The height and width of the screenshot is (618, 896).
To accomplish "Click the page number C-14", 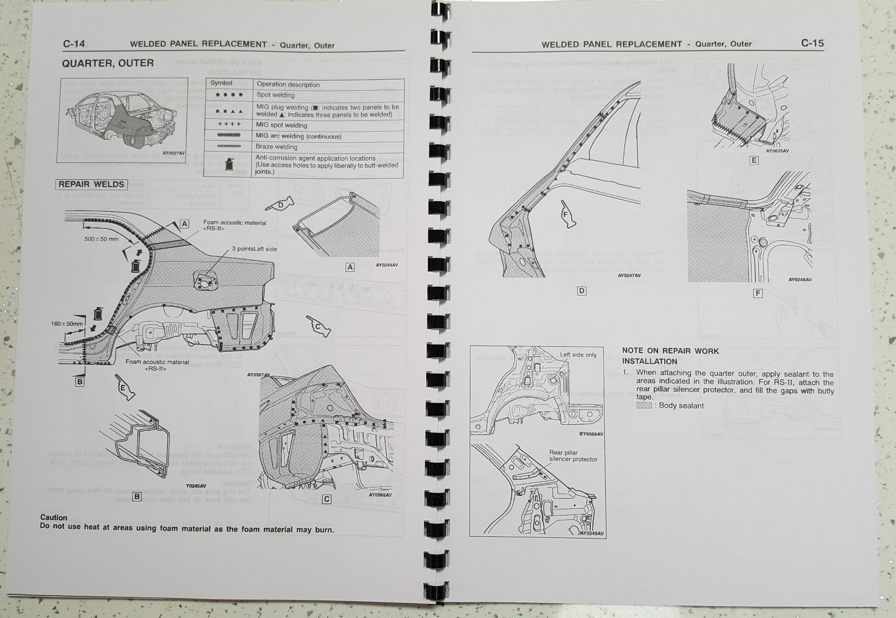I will tap(73, 44).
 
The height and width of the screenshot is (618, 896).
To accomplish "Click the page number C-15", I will tap(812, 43).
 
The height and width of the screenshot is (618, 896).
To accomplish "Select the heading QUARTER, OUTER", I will tap(108, 63).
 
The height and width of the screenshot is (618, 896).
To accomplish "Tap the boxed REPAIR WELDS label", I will tap(91, 184).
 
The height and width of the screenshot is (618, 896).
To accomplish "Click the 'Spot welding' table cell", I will tap(276, 95).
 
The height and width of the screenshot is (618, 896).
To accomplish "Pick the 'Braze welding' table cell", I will tap(277, 147).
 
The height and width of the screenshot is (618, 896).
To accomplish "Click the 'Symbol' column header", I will tap(221, 83).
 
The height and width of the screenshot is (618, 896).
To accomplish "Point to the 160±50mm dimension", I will tap(66, 324).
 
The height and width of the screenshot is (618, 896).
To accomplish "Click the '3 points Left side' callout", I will tap(254, 249).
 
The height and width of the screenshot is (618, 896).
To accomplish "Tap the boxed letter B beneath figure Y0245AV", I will tap(136, 497).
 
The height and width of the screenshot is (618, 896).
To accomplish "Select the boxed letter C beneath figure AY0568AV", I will tap(326, 499).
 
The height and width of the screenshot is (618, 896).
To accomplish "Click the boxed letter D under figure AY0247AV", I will tap(581, 291).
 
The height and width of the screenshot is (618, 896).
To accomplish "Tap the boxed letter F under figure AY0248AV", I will tap(758, 294).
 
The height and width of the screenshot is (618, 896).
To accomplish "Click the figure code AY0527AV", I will tap(172, 153).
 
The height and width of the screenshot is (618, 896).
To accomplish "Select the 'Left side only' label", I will tap(578, 355).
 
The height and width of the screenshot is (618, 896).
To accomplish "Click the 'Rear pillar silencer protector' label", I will tap(573, 456).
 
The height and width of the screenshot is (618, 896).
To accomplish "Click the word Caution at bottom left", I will tap(54, 518).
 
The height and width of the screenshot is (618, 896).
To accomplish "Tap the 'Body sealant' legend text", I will tap(681, 406).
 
